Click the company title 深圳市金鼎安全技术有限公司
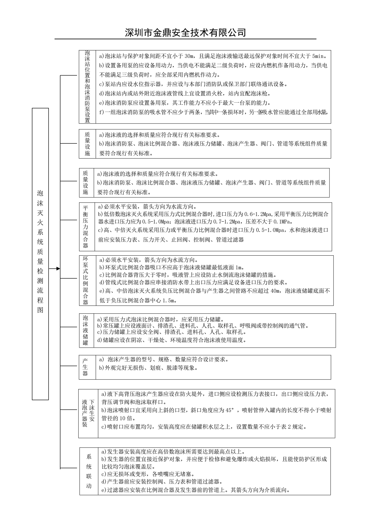click(185, 32)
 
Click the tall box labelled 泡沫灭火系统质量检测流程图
click(40, 253)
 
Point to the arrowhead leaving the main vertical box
click(58, 268)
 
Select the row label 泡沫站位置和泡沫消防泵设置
click(87, 87)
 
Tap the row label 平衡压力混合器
click(86, 227)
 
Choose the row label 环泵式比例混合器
click(86, 280)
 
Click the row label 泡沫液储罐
click(85, 330)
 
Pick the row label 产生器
click(85, 367)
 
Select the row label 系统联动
click(89, 471)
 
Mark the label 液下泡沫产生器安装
click(88, 413)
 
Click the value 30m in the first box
click(189, 56)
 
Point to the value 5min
click(319, 56)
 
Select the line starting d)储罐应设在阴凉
click(171, 340)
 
